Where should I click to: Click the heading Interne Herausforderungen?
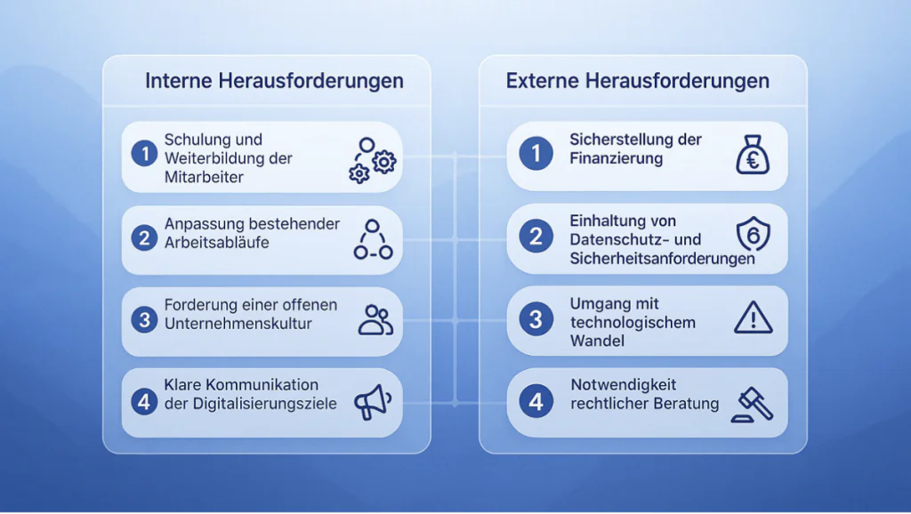[x=274, y=81]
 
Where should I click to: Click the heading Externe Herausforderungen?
[x=637, y=81]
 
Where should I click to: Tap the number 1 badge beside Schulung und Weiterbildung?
[x=144, y=154]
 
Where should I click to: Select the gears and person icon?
[x=373, y=160]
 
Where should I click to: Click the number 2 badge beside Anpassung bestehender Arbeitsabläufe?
[x=144, y=238]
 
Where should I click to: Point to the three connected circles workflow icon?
[x=373, y=239]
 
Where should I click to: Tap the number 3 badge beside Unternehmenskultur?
[x=144, y=319]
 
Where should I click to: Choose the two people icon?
[x=375, y=320]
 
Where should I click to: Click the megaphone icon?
[x=373, y=402]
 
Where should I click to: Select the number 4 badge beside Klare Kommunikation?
[x=144, y=401]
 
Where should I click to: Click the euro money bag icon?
[x=753, y=155]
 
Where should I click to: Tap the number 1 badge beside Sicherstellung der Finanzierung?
[x=536, y=153]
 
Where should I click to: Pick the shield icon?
[x=753, y=234]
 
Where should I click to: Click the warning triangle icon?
[x=753, y=317]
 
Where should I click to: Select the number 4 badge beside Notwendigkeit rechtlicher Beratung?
[x=536, y=401]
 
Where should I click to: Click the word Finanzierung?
[x=616, y=158]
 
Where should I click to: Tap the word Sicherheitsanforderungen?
[x=662, y=259]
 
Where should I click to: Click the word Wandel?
[x=597, y=341]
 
